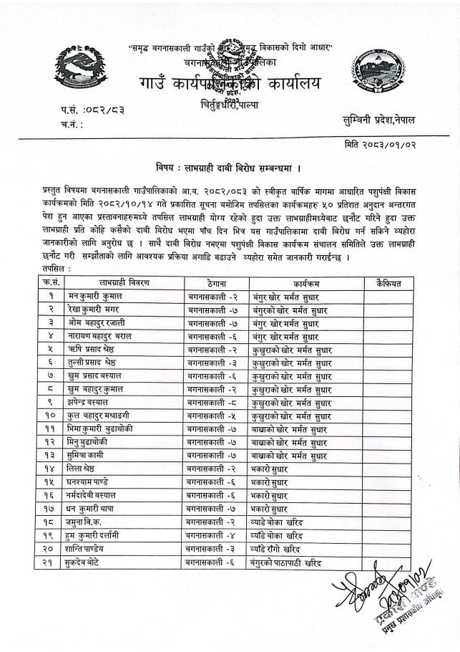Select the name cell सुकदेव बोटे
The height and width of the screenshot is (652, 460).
[x=92, y=562]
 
